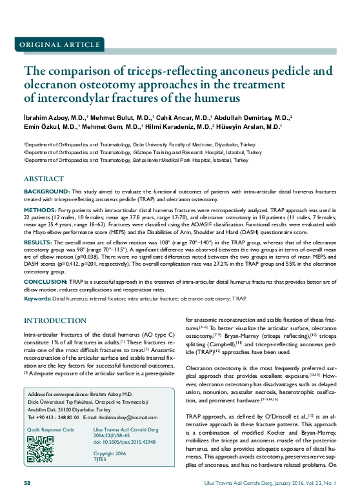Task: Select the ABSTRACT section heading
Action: [x=44, y=178]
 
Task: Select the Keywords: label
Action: [x=37, y=299]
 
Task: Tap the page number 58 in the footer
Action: [x=27, y=483]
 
